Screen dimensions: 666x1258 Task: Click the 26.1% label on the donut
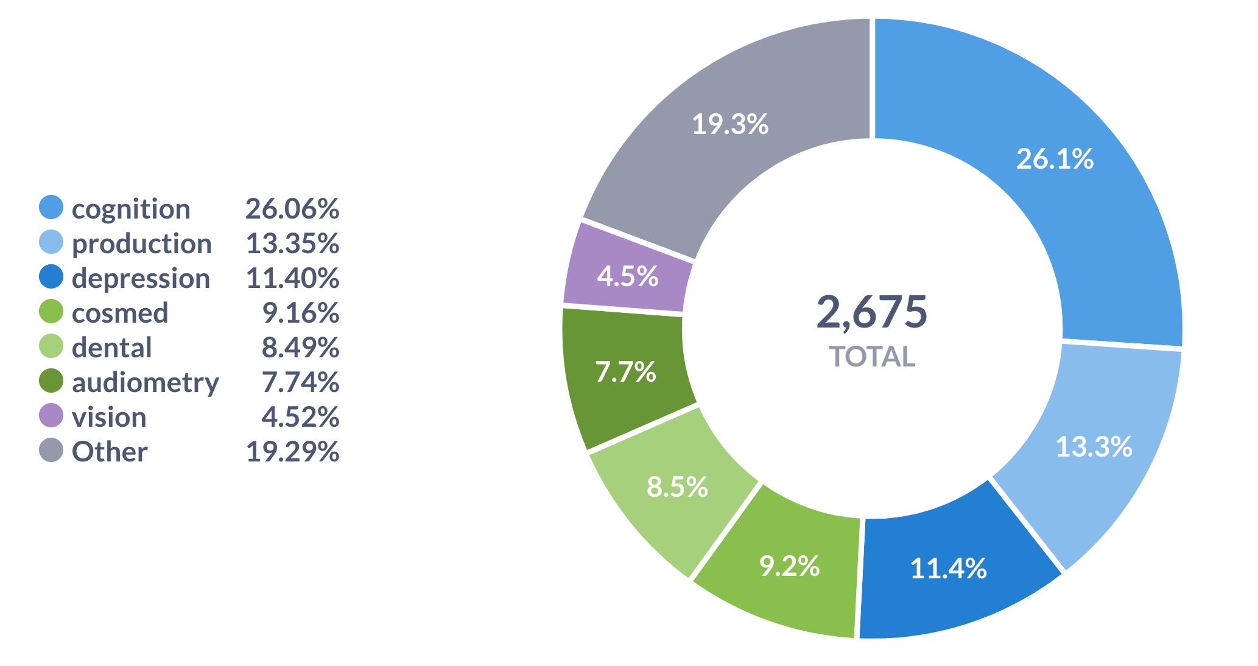(1055, 159)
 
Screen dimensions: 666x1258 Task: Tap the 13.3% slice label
(1094, 447)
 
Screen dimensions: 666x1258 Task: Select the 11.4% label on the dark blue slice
(948, 569)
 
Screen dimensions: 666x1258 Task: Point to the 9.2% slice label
(789, 566)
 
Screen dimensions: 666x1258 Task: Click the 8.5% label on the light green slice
(677, 487)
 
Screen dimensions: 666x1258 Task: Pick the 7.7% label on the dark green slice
(625, 372)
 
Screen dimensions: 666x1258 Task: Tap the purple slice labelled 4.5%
(627, 276)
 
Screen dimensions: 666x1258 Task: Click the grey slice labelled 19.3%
(730, 124)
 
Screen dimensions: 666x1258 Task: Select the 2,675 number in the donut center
(871, 312)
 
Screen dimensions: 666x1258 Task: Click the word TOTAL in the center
(872, 357)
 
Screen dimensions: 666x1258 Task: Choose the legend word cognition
(131, 209)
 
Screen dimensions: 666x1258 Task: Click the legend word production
(142, 244)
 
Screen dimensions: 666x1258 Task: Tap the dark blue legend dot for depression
(51, 277)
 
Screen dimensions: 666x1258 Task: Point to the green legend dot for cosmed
(51, 312)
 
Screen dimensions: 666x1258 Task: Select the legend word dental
(112, 348)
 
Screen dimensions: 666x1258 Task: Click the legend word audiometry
(146, 382)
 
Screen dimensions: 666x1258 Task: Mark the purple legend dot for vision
(51, 416)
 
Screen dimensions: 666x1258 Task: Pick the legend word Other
(110, 452)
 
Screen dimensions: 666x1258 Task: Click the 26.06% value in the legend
(292, 209)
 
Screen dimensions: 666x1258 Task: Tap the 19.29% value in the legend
(292, 452)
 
